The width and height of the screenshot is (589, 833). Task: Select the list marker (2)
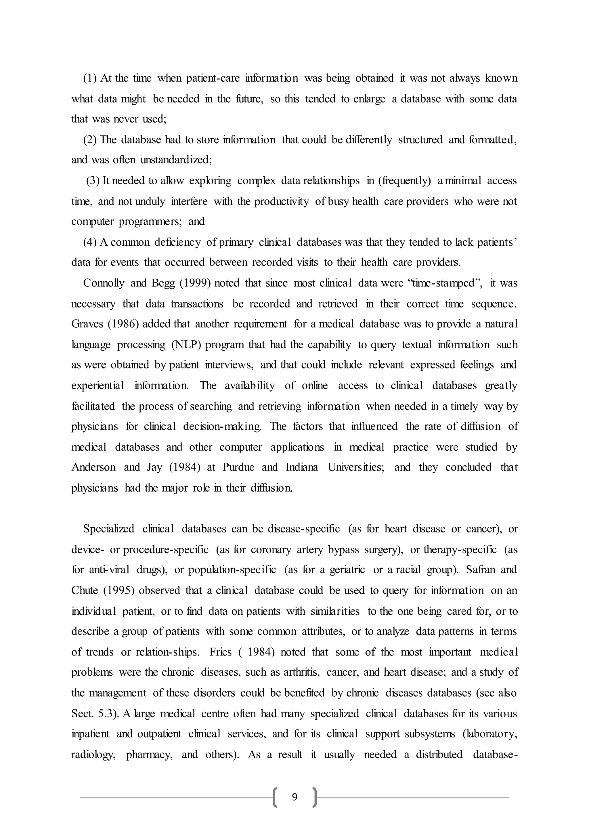(x=90, y=140)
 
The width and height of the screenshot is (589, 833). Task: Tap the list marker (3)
(x=93, y=181)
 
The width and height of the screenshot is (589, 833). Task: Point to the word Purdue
(x=238, y=467)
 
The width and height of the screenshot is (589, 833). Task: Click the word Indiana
(x=302, y=467)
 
